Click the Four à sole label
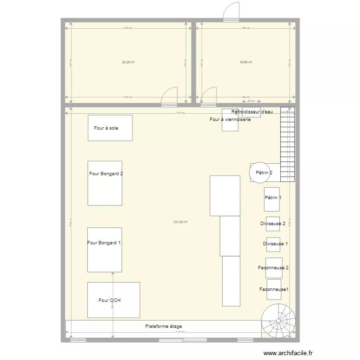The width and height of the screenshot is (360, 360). pyautogui.click(x=106, y=128)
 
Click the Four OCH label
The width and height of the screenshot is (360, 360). pyautogui.click(x=109, y=300)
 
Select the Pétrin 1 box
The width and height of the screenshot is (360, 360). pyautogui.click(x=272, y=199)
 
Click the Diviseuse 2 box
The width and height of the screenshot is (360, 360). pyautogui.click(x=273, y=224)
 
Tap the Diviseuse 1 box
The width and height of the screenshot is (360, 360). pyautogui.click(x=274, y=244)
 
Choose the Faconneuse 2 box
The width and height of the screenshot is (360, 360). pyautogui.click(x=274, y=268)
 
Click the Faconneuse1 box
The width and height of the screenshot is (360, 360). pyautogui.click(x=274, y=289)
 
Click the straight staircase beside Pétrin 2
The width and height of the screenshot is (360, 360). pyautogui.click(x=287, y=144)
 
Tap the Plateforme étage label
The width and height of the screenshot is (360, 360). pyautogui.click(x=164, y=326)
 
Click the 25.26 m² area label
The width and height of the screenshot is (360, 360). pyautogui.click(x=128, y=62)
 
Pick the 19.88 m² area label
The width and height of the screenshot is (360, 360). pyautogui.click(x=246, y=62)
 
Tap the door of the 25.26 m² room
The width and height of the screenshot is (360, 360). pyautogui.click(x=169, y=96)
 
